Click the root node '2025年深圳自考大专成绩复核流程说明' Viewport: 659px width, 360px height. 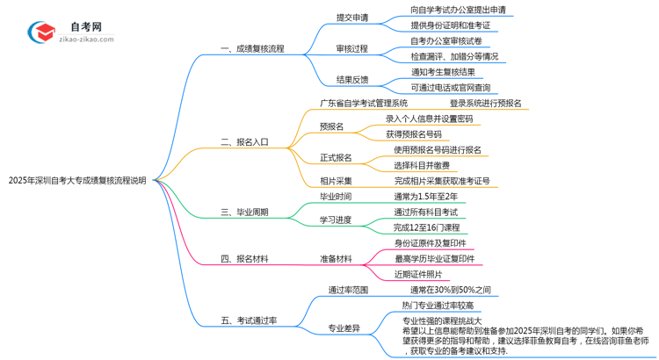pos(77,181)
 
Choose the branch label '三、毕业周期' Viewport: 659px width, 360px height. pos(244,212)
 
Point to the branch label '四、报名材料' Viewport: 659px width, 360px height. pos(244,259)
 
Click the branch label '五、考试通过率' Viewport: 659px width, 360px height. pos(249,320)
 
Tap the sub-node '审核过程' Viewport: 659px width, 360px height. pos(352,48)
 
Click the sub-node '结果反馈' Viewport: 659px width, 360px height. pos(352,80)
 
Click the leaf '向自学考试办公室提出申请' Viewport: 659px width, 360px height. pos(458,10)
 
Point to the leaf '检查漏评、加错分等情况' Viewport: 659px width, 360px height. pos(454,56)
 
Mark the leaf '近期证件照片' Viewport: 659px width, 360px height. pos(417,275)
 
